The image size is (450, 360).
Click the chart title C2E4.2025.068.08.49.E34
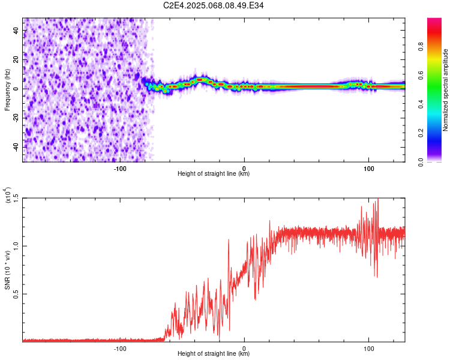pos(213,5)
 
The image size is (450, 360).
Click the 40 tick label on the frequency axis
pos(16,31)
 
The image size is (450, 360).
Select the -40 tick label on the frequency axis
pos(16,147)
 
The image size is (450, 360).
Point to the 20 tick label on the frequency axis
pos(16,60)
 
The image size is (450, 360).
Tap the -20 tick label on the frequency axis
pos(16,118)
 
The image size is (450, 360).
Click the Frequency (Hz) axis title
pos(7,90)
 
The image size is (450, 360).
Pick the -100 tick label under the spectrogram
pos(120,169)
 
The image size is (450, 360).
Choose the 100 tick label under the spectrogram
pos(369,169)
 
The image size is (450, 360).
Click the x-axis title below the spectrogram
pos(214,173)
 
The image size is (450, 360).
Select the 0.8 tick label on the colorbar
pos(421,47)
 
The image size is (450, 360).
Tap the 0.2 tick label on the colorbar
pos(421,133)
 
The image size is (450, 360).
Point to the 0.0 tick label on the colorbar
pos(421,162)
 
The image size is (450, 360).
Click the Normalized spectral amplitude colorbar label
pos(445,90)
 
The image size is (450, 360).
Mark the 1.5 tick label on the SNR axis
pos(16,198)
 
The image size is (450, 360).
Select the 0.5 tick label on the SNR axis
pos(16,294)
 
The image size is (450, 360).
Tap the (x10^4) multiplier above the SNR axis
pos(8,195)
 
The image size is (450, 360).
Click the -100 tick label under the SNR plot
pos(120,349)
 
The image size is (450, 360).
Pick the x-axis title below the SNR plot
pos(214,353)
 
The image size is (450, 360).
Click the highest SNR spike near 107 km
pos(378,199)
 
